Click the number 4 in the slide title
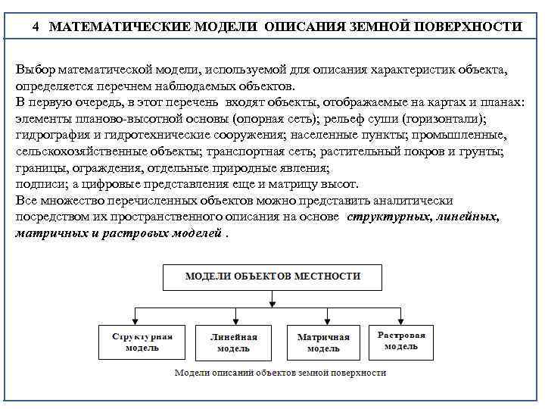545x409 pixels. pyautogui.click(x=36, y=27)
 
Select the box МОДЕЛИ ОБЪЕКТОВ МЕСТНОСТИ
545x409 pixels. pyautogui.click(x=273, y=276)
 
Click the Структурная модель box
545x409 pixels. pyautogui.click(x=142, y=342)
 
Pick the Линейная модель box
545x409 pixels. pyautogui.click(x=233, y=342)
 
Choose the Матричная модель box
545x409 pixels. pyautogui.click(x=323, y=342)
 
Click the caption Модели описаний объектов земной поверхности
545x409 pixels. pyautogui.click(x=280, y=373)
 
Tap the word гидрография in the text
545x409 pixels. pyautogui.click(x=49, y=136)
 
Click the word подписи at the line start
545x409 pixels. pyautogui.click(x=37, y=185)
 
